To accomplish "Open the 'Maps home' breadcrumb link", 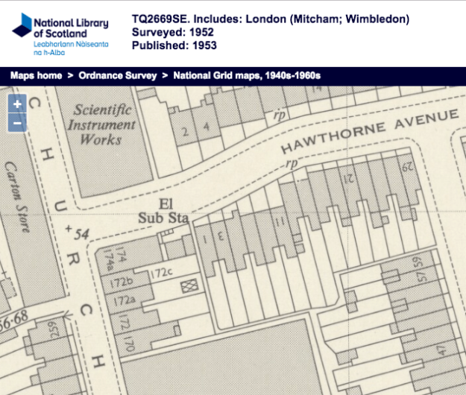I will click(34, 75).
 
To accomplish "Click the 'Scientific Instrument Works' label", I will click(102, 124).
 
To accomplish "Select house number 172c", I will click(162, 274).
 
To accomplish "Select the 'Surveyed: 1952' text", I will click(174, 32).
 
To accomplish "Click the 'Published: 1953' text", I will click(174, 45).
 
